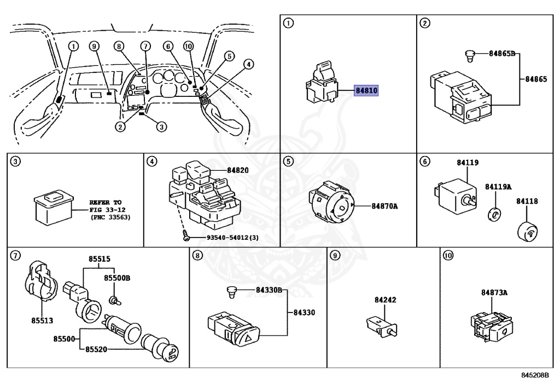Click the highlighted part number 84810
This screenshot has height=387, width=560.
tap(367, 91)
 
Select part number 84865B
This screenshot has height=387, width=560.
tap(502, 54)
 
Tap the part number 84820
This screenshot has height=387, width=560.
tap(237, 170)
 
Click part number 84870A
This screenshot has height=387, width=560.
tap(385, 206)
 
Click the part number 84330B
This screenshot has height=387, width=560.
tap(269, 290)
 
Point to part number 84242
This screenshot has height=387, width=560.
tap(386, 300)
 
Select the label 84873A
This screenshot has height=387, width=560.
tap(494, 293)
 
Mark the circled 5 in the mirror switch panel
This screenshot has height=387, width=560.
tap(288, 161)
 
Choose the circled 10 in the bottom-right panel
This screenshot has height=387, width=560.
tap(448, 255)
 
